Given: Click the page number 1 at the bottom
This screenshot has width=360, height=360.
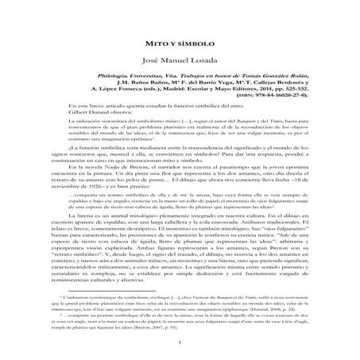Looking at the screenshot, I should click(180, 344).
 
